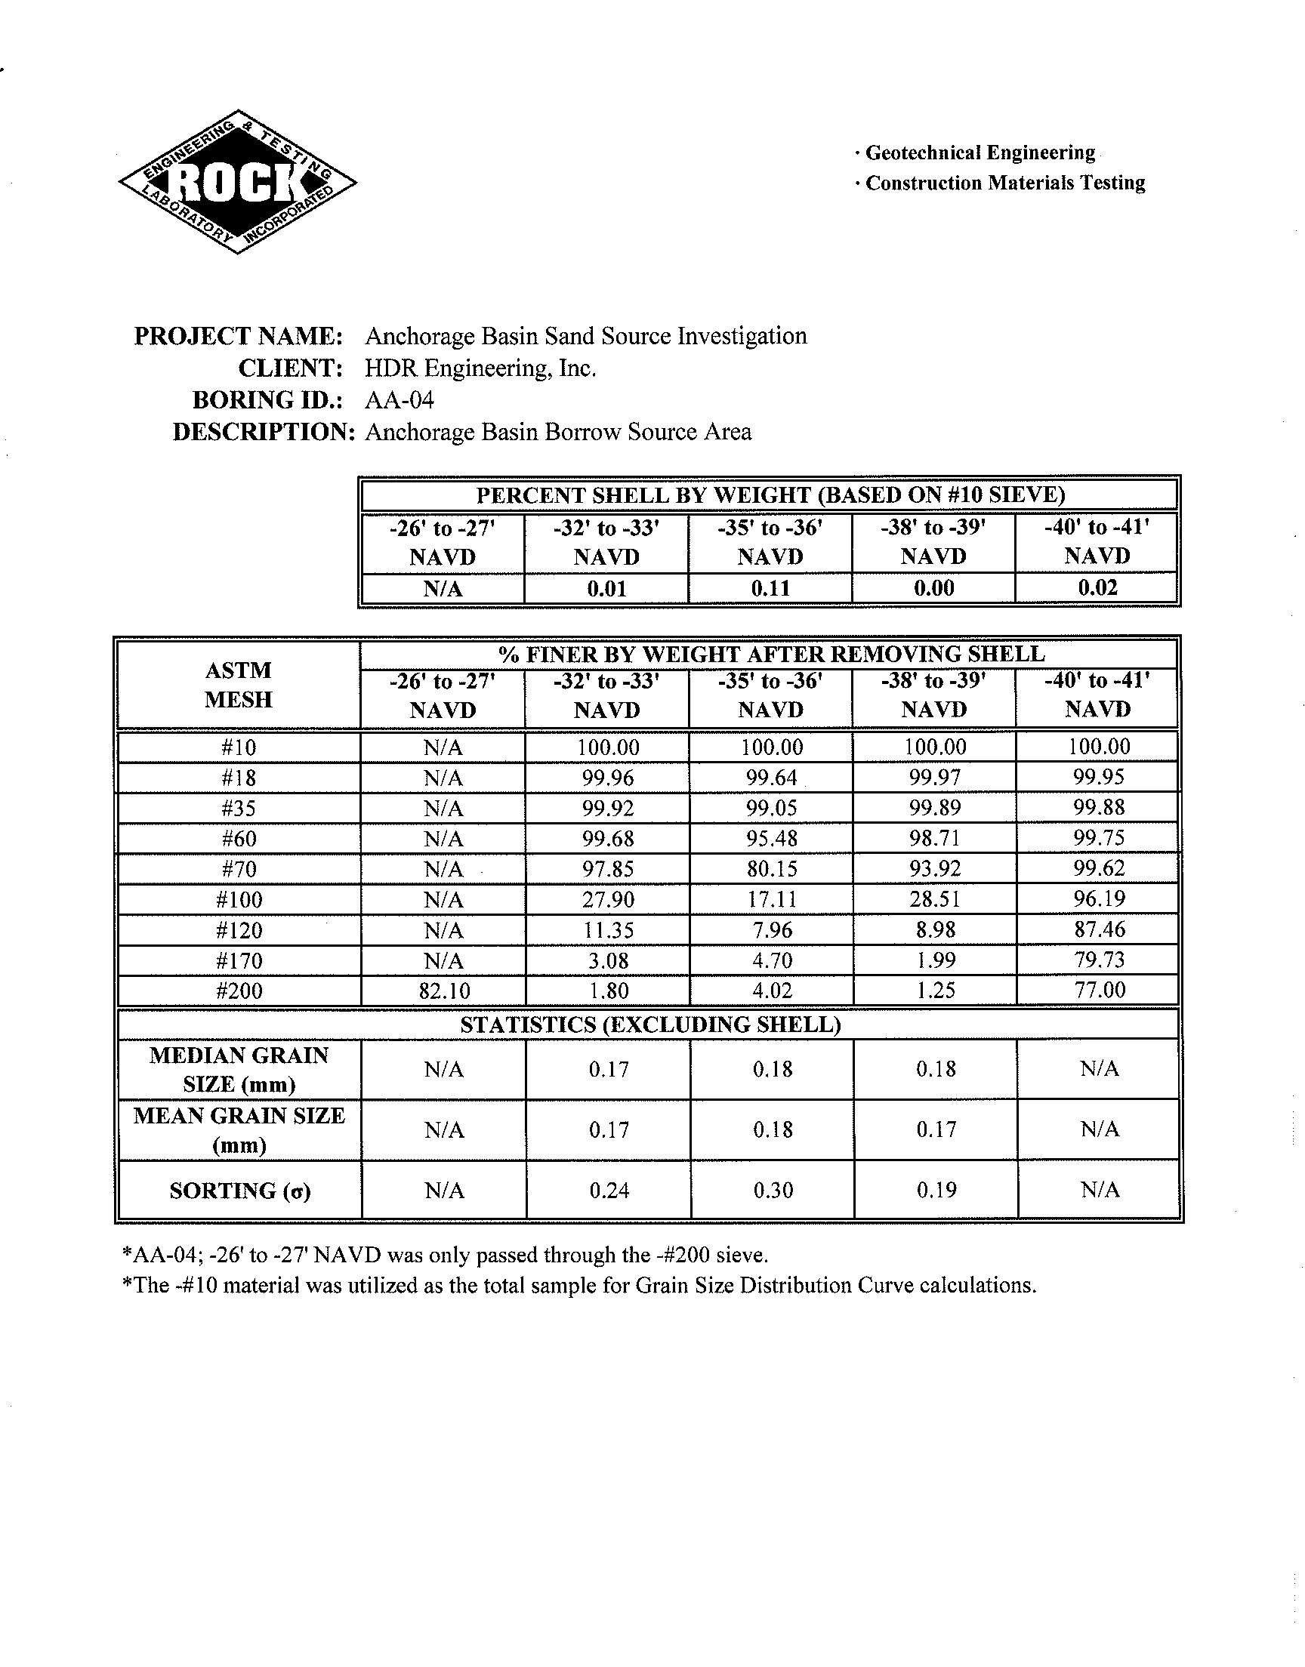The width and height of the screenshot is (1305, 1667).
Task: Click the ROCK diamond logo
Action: [x=238, y=182]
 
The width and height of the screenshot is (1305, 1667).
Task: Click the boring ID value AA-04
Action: [x=399, y=400]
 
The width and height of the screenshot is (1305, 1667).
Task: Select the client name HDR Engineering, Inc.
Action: [x=480, y=368]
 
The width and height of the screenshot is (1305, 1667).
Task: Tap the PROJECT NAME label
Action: [x=238, y=336]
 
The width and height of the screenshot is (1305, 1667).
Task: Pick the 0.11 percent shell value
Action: [x=770, y=588]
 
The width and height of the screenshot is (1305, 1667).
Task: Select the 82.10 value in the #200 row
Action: [x=443, y=991]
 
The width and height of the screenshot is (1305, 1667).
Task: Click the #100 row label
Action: [x=239, y=899]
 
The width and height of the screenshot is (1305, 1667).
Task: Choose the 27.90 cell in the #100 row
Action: [x=607, y=899]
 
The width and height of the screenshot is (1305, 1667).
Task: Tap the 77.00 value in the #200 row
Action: [x=1099, y=991]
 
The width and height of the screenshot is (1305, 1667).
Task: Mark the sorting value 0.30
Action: [x=773, y=1190]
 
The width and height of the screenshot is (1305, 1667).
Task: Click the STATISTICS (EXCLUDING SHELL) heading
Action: [x=650, y=1025]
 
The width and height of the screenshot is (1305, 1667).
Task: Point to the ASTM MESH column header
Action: [x=239, y=685]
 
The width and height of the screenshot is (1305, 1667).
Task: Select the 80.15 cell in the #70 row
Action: [x=772, y=869]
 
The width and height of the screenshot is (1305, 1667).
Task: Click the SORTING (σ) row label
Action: [x=240, y=1191]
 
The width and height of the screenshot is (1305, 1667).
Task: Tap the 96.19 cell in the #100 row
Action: [x=1099, y=898]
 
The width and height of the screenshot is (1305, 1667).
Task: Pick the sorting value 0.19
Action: [x=936, y=1190]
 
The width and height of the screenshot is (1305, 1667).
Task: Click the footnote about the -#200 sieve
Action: [x=445, y=1256]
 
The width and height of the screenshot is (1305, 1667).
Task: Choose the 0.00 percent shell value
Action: [x=933, y=588]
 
